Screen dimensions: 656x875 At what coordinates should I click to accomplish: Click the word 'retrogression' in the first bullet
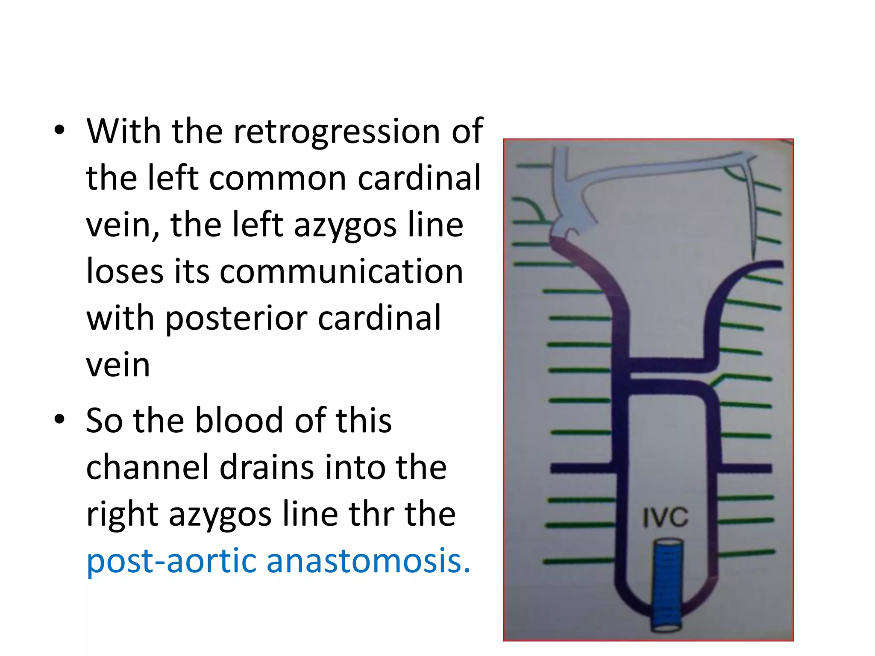tap(337, 131)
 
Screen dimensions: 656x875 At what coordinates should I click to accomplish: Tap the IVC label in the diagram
tap(665, 517)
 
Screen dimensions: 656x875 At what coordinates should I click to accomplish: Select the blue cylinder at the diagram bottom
tap(667, 585)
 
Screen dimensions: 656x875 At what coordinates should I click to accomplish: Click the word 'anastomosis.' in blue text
tap(368, 560)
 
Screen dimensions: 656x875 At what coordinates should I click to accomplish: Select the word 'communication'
tap(341, 272)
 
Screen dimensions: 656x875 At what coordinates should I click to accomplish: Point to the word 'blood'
tap(240, 420)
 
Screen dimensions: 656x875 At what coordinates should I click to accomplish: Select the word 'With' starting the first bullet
tap(124, 131)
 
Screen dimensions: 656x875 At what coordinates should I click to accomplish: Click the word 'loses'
tap(125, 272)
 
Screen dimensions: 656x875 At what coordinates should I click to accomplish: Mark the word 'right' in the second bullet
tap(122, 515)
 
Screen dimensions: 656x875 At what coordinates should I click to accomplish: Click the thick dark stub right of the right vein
tap(746, 469)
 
